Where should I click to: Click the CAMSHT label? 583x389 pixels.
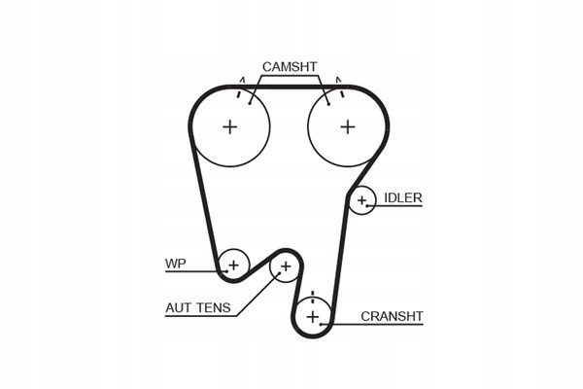[x=290, y=66]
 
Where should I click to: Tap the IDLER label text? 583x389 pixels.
[x=403, y=197]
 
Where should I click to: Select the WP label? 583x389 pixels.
[x=175, y=263]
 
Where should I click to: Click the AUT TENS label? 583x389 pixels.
[x=198, y=308]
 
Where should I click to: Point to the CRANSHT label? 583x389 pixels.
[x=393, y=315]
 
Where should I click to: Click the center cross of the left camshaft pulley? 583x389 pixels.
[x=230, y=126]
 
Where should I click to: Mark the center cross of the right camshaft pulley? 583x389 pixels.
[x=348, y=126]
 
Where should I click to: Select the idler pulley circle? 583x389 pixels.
[x=362, y=201]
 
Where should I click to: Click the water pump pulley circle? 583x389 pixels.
[x=233, y=263]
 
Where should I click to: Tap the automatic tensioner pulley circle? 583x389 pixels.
[x=285, y=265]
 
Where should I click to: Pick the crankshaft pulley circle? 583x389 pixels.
[x=312, y=317]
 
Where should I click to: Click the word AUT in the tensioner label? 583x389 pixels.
[x=179, y=308]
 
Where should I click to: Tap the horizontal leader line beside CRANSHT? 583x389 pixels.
[x=379, y=326]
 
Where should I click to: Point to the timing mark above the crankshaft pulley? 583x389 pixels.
[x=312, y=294]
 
